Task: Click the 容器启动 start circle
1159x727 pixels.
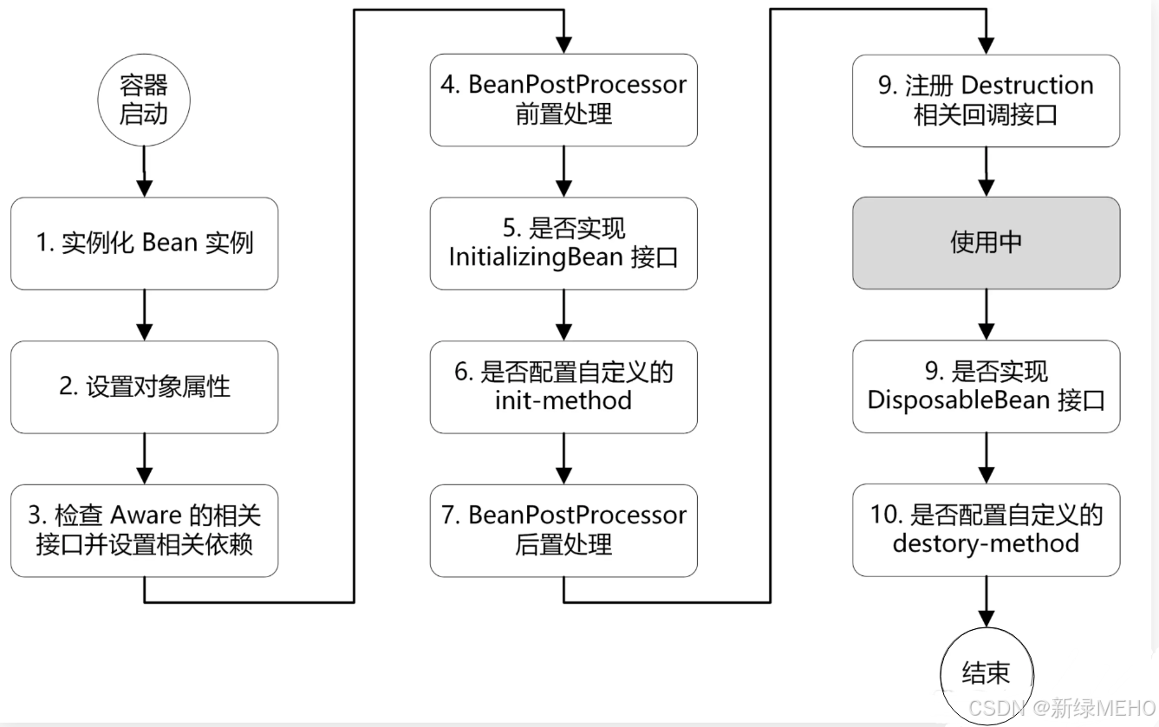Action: click(144, 100)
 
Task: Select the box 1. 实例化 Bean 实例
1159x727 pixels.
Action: click(145, 243)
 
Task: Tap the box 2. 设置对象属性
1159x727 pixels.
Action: click(145, 386)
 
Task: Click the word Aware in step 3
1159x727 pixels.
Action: click(146, 515)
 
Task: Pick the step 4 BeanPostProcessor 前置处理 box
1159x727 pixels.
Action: click(563, 100)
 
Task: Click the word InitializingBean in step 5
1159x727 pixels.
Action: click(536, 257)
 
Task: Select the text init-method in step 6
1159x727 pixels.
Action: click(563, 400)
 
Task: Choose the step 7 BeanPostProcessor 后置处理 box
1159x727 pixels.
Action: click(563, 530)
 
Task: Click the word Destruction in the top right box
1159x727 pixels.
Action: click(1027, 85)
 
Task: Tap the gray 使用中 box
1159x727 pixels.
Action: click(986, 243)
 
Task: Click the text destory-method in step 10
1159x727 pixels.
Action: click(986, 544)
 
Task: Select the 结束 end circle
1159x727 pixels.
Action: click(986, 675)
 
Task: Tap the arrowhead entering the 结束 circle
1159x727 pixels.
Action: click(986, 619)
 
